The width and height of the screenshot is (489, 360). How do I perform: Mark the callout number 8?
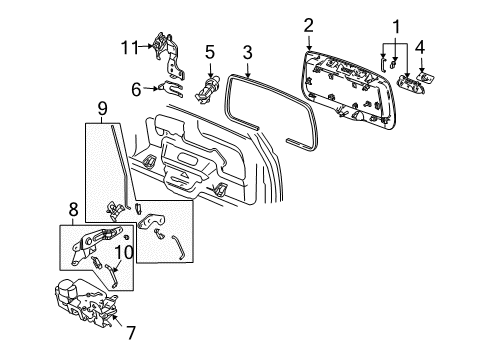[x=73, y=211]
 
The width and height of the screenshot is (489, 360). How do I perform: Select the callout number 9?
[x=101, y=108]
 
